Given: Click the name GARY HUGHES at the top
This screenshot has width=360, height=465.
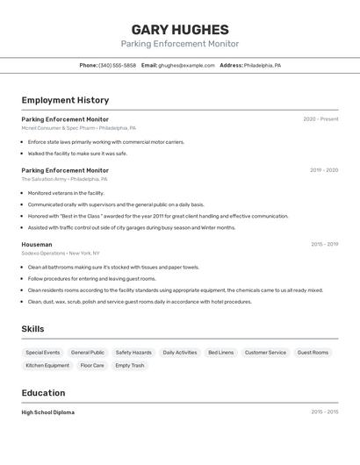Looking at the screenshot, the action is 179,30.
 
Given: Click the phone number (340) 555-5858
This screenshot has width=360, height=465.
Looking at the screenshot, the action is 117,65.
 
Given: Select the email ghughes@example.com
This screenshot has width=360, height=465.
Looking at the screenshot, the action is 186,65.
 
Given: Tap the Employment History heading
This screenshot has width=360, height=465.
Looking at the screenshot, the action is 65,100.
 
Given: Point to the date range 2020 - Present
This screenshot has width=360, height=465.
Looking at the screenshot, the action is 320,119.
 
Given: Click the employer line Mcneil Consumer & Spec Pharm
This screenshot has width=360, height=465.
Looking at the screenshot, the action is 79,128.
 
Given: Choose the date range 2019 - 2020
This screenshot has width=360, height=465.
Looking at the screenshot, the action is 324,170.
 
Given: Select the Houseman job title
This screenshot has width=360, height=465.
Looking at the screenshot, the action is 37,245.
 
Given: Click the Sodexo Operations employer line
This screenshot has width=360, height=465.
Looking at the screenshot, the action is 61,254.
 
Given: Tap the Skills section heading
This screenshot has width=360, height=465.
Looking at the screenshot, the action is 32,329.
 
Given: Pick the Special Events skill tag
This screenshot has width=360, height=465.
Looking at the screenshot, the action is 43,353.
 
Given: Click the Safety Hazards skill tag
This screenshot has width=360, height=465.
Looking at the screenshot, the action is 133,353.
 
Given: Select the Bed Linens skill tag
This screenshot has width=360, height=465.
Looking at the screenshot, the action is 220,353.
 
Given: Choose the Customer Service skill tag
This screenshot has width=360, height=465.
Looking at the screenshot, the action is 265,353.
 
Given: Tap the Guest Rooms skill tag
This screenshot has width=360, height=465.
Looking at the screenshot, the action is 313,353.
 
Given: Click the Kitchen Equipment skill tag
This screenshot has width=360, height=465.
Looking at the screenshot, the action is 47,365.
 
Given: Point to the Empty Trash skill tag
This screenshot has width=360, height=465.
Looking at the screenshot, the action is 129,365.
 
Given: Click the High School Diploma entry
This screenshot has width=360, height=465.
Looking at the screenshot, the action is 48,411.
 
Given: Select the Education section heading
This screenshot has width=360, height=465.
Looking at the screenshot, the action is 43,393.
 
